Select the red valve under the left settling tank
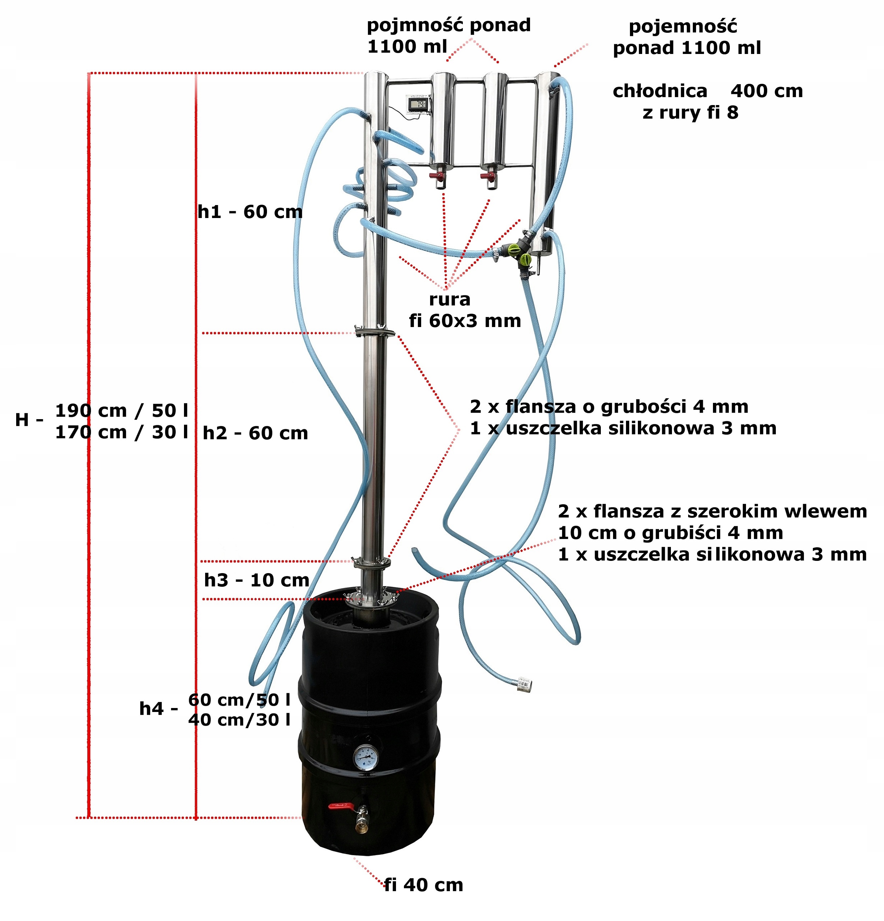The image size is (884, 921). click(x=437, y=176)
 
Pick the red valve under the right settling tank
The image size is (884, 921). click(x=488, y=177)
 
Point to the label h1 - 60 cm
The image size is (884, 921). click(x=250, y=212)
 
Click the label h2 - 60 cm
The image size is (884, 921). click(x=255, y=433)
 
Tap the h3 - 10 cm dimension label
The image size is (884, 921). click(x=256, y=580)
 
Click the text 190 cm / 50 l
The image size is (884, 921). click(x=121, y=411)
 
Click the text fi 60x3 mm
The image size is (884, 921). click(x=465, y=321)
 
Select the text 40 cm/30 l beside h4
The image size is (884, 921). click(x=239, y=720)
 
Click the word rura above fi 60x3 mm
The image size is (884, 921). click(x=449, y=299)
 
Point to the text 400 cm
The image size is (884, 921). click(x=766, y=91)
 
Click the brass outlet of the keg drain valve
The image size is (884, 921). click(x=362, y=822)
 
